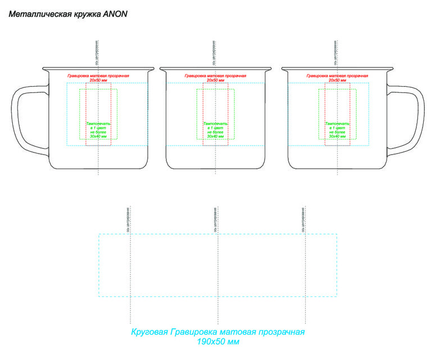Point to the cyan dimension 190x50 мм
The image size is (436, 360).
point(218,341)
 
